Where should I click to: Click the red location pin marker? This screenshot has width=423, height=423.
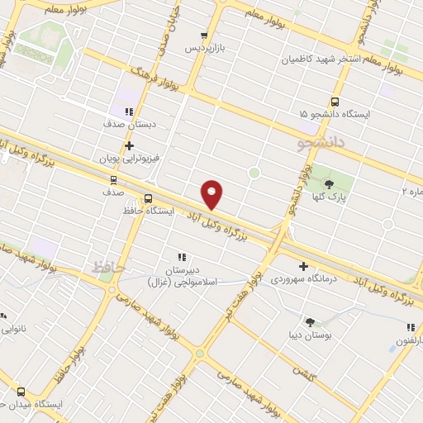coord(212,194)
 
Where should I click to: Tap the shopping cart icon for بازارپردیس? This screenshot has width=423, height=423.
coord(203,36)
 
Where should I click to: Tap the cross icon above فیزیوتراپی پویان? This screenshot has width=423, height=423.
coord(130,145)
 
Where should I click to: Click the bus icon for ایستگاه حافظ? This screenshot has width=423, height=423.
coord(148,198)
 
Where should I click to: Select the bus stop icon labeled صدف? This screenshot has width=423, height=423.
coord(112,179)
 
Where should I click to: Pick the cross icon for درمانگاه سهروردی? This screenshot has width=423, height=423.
coord(303,267)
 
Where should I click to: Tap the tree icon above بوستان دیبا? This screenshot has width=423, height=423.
coord(310,323)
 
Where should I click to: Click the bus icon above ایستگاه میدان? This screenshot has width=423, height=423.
coord(21,392)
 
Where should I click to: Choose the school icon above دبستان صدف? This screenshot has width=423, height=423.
coord(128,112)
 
